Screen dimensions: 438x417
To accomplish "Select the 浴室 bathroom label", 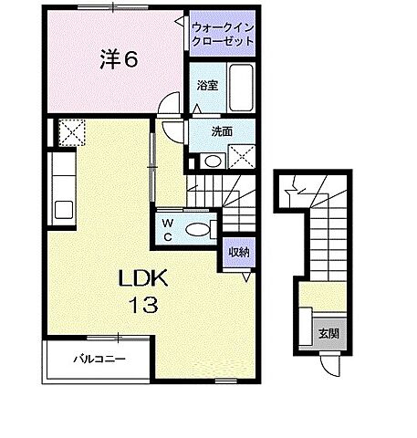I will point(206,85).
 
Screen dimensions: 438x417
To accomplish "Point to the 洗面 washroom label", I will point(221,130).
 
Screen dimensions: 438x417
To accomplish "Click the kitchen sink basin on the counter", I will point(63,206).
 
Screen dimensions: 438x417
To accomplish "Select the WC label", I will point(168,227).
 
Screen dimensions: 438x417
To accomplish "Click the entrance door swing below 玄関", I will point(330,367).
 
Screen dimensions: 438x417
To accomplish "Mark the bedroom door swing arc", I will point(164,107).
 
